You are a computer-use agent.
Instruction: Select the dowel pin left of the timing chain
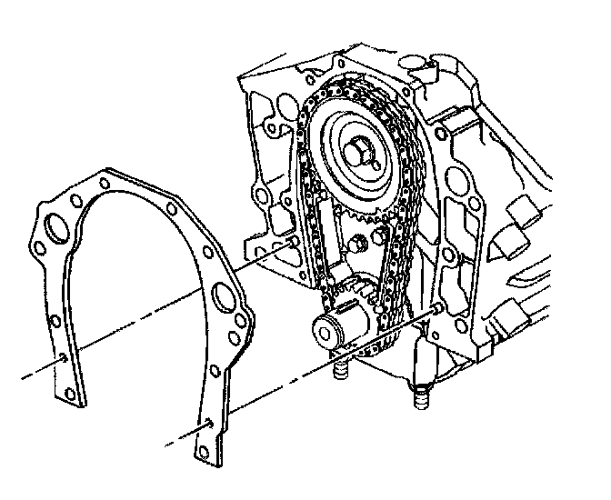[293, 241]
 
